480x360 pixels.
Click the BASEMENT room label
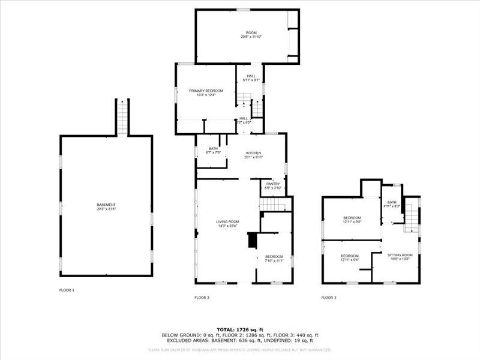click(x=106, y=205)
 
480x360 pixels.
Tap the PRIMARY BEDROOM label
click(x=202, y=91)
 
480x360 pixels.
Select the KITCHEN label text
click(x=253, y=153)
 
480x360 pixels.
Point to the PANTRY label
click(x=273, y=184)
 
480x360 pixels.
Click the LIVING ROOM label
click(x=227, y=222)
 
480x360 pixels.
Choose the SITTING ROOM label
click(x=399, y=255)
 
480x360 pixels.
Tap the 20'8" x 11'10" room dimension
click(x=251, y=37)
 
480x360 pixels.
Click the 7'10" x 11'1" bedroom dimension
click(x=274, y=260)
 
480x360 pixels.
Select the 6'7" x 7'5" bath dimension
click(x=214, y=152)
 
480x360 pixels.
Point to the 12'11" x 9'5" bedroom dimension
click(x=352, y=221)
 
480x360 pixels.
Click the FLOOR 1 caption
click(x=67, y=290)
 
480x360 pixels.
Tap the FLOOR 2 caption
click(x=202, y=298)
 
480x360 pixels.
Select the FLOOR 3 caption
click(x=328, y=298)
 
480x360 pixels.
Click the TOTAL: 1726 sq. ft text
click(x=240, y=330)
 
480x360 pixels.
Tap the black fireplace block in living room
click(x=252, y=241)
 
